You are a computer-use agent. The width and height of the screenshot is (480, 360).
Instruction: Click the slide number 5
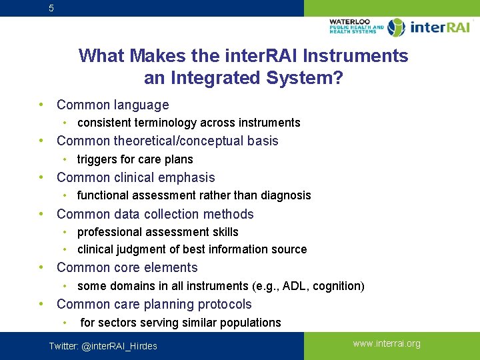pos(52,9)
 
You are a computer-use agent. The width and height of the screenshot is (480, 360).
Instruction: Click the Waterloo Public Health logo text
pos(356,27)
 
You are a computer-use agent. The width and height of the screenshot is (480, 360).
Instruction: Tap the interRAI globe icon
pos(396,27)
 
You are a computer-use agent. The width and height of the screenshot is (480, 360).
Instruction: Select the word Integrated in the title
pos(211,78)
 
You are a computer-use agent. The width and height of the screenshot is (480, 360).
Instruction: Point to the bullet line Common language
pos(113,105)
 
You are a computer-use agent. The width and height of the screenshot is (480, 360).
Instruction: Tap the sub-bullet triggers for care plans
pos(135,159)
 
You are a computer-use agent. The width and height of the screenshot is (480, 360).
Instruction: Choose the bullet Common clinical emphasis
pos(135,177)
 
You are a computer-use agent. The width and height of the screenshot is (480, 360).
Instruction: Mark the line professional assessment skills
pos(157,232)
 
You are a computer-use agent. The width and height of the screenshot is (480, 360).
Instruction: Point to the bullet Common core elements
pos(127,267)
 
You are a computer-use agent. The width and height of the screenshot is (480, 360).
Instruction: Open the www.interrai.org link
pos(387,344)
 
